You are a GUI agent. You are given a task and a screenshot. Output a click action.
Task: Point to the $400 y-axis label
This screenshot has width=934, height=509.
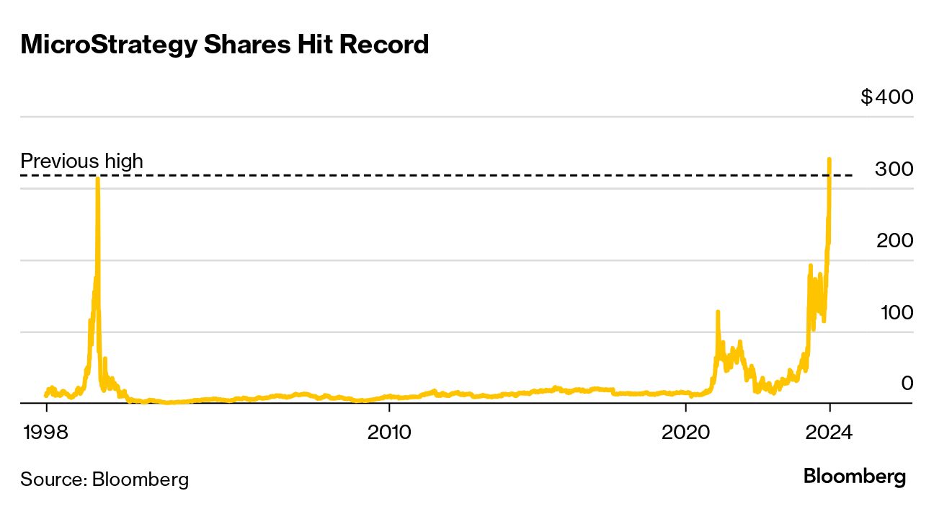pyautogui.click(x=886, y=97)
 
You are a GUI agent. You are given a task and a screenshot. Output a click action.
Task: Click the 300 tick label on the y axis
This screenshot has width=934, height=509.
pyautogui.click(x=894, y=169)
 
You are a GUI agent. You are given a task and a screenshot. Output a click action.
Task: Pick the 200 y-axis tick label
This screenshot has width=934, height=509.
pyautogui.click(x=894, y=241)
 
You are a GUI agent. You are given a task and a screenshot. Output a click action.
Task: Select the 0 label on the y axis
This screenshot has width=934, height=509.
pyautogui.click(x=907, y=384)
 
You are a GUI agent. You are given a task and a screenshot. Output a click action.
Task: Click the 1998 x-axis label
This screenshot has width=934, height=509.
pyautogui.click(x=46, y=433)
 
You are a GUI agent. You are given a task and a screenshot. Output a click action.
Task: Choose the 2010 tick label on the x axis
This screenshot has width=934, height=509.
pyautogui.click(x=389, y=433)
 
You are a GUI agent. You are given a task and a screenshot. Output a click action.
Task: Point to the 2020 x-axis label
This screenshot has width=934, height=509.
pyautogui.click(x=686, y=433)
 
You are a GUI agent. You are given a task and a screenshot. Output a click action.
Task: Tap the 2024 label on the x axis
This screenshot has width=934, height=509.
pyautogui.click(x=830, y=433)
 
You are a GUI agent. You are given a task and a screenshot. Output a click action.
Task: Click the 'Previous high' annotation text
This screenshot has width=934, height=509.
pyautogui.click(x=81, y=161)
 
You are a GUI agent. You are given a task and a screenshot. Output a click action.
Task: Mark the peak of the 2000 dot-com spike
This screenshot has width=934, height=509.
pyautogui.click(x=97, y=179)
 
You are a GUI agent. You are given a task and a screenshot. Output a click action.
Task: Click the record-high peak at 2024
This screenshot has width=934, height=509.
pyautogui.click(x=830, y=159)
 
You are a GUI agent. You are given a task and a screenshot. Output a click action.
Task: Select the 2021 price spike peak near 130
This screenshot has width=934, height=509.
pyautogui.click(x=717, y=311)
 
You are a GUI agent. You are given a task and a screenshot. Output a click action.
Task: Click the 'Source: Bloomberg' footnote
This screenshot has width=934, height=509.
pyautogui.click(x=104, y=479)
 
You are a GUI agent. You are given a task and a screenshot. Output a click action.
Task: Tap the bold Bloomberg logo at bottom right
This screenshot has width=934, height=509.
pyautogui.click(x=854, y=477)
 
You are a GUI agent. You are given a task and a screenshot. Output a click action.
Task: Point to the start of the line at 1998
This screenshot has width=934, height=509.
pyautogui.click(x=46, y=395)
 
